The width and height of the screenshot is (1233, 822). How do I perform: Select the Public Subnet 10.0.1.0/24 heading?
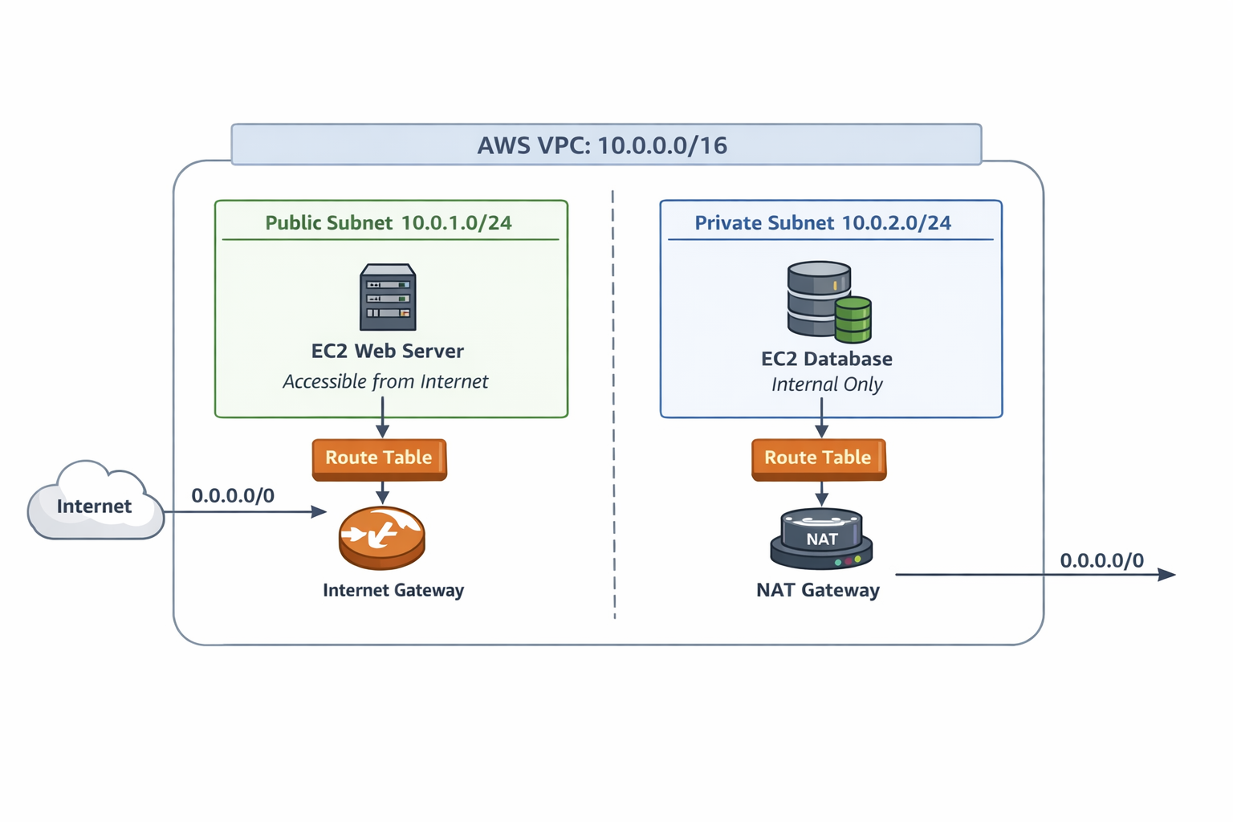389,222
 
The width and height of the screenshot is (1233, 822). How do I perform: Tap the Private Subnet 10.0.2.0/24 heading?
823,222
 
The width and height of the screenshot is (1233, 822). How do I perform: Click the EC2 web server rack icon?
388,297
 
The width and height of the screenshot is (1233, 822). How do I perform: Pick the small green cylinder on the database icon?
853,319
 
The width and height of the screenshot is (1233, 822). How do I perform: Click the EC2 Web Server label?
388,351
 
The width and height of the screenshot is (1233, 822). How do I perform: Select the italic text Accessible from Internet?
385,381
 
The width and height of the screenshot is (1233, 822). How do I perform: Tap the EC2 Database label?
827,359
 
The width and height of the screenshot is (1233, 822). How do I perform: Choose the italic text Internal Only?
827,385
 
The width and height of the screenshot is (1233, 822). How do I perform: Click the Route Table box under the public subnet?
379,458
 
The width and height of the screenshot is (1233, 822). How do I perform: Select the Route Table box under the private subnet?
818,458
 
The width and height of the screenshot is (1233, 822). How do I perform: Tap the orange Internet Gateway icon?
381,537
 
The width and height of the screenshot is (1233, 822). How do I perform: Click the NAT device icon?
821,539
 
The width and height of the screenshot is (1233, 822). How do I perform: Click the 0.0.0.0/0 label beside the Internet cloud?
233,495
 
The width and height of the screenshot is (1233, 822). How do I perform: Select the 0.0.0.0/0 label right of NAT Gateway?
1101,560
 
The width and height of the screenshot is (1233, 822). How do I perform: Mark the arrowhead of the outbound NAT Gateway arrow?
1168,575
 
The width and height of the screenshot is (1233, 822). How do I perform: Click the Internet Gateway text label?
393,590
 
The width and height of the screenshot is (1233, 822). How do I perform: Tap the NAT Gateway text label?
818,590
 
